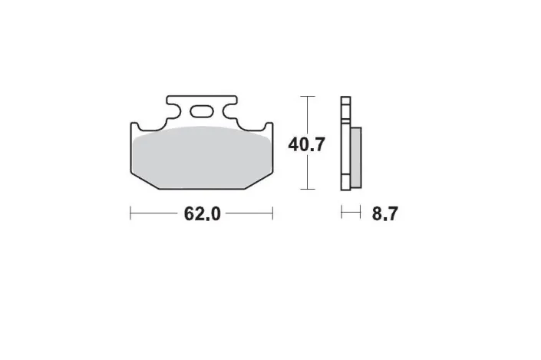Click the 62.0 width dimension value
202,213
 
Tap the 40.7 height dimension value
307,144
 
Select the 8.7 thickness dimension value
385,213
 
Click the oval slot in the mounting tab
201,111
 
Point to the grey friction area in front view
202,157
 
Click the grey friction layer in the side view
356,157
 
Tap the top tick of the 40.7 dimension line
308,96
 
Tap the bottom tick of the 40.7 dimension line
308,189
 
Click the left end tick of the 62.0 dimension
130,213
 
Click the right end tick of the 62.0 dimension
272,213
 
